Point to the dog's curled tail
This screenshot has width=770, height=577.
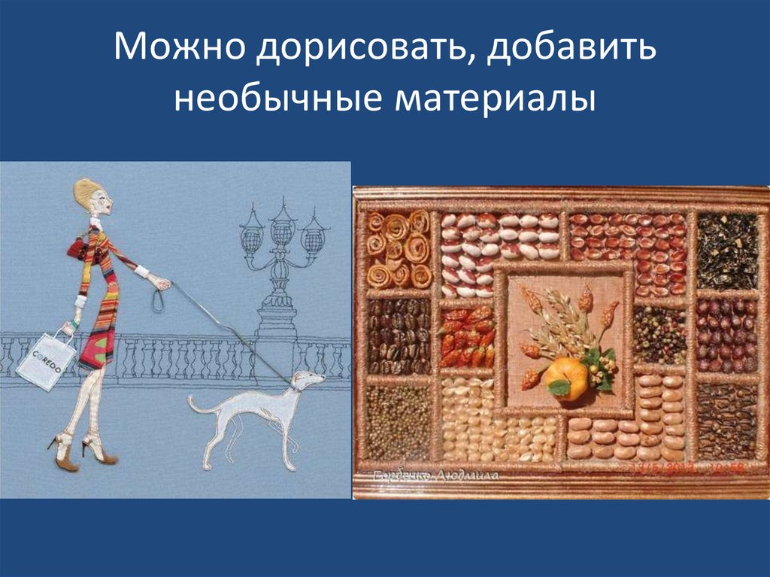(x=193, y=407)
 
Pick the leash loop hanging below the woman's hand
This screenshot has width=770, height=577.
(x=157, y=300)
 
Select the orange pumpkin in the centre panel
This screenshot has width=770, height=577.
(x=566, y=377)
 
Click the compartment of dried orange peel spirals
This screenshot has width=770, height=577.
(x=399, y=249)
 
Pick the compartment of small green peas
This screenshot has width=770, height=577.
(x=398, y=421)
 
